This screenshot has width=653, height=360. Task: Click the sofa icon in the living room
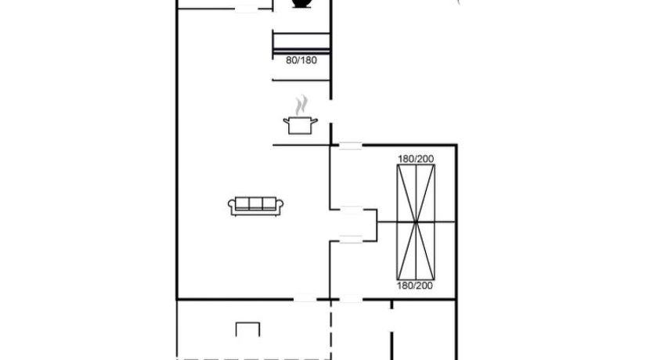[x=256, y=206]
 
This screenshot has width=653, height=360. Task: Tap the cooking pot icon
[x=300, y=125]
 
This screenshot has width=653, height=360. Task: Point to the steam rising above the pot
[x=301, y=106]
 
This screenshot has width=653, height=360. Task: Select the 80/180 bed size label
[x=301, y=60]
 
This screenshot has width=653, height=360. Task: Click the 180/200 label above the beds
[x=416, y=159]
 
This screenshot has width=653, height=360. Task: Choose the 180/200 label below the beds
[x=415, y=286]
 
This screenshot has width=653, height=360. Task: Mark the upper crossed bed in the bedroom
[x=416, y=193]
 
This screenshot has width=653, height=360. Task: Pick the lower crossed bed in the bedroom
[x=416, y=251]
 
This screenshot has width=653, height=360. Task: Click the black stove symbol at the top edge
[x=301, y=3]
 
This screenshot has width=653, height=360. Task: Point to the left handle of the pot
[x=286, y=121]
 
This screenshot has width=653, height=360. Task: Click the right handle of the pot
[x=315, y=121]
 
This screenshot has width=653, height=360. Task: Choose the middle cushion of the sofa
[x=256, y=203]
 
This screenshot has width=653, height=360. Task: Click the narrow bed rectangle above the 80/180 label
[x=301, y=41]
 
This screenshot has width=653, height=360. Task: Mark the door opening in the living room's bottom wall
[x=305, y=299]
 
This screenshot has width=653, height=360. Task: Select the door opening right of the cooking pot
[x=331, y=111]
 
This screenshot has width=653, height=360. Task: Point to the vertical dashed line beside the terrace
[x=331, y=329]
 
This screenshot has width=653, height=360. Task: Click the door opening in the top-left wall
[x=246, y=9]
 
